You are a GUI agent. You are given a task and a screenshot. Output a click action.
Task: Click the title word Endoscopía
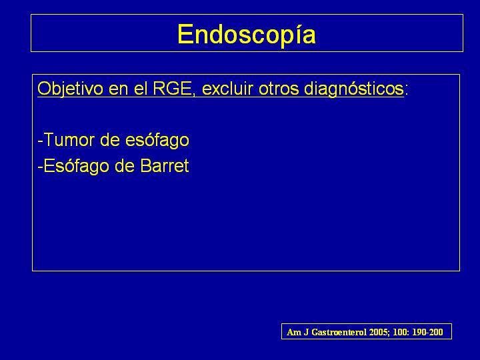[x=247, y=35]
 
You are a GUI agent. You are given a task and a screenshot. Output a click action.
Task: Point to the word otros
[x=279, y=89]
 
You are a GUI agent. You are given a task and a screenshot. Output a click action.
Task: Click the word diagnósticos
[x=353, y=89]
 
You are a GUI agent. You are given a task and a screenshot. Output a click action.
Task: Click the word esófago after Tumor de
[x=157, y=140]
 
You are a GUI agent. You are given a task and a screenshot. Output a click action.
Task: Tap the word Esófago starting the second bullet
[x=77, y=166]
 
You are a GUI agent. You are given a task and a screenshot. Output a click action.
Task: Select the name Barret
[x=165, y=166]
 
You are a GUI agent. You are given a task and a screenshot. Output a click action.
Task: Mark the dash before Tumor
[x=41, y=141]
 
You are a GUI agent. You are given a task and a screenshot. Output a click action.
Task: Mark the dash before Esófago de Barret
[x=41, y=167]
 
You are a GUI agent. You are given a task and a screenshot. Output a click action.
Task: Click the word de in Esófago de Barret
[x=125, y=166]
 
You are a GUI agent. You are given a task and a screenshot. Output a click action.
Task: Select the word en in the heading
[x=118, y=90]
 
